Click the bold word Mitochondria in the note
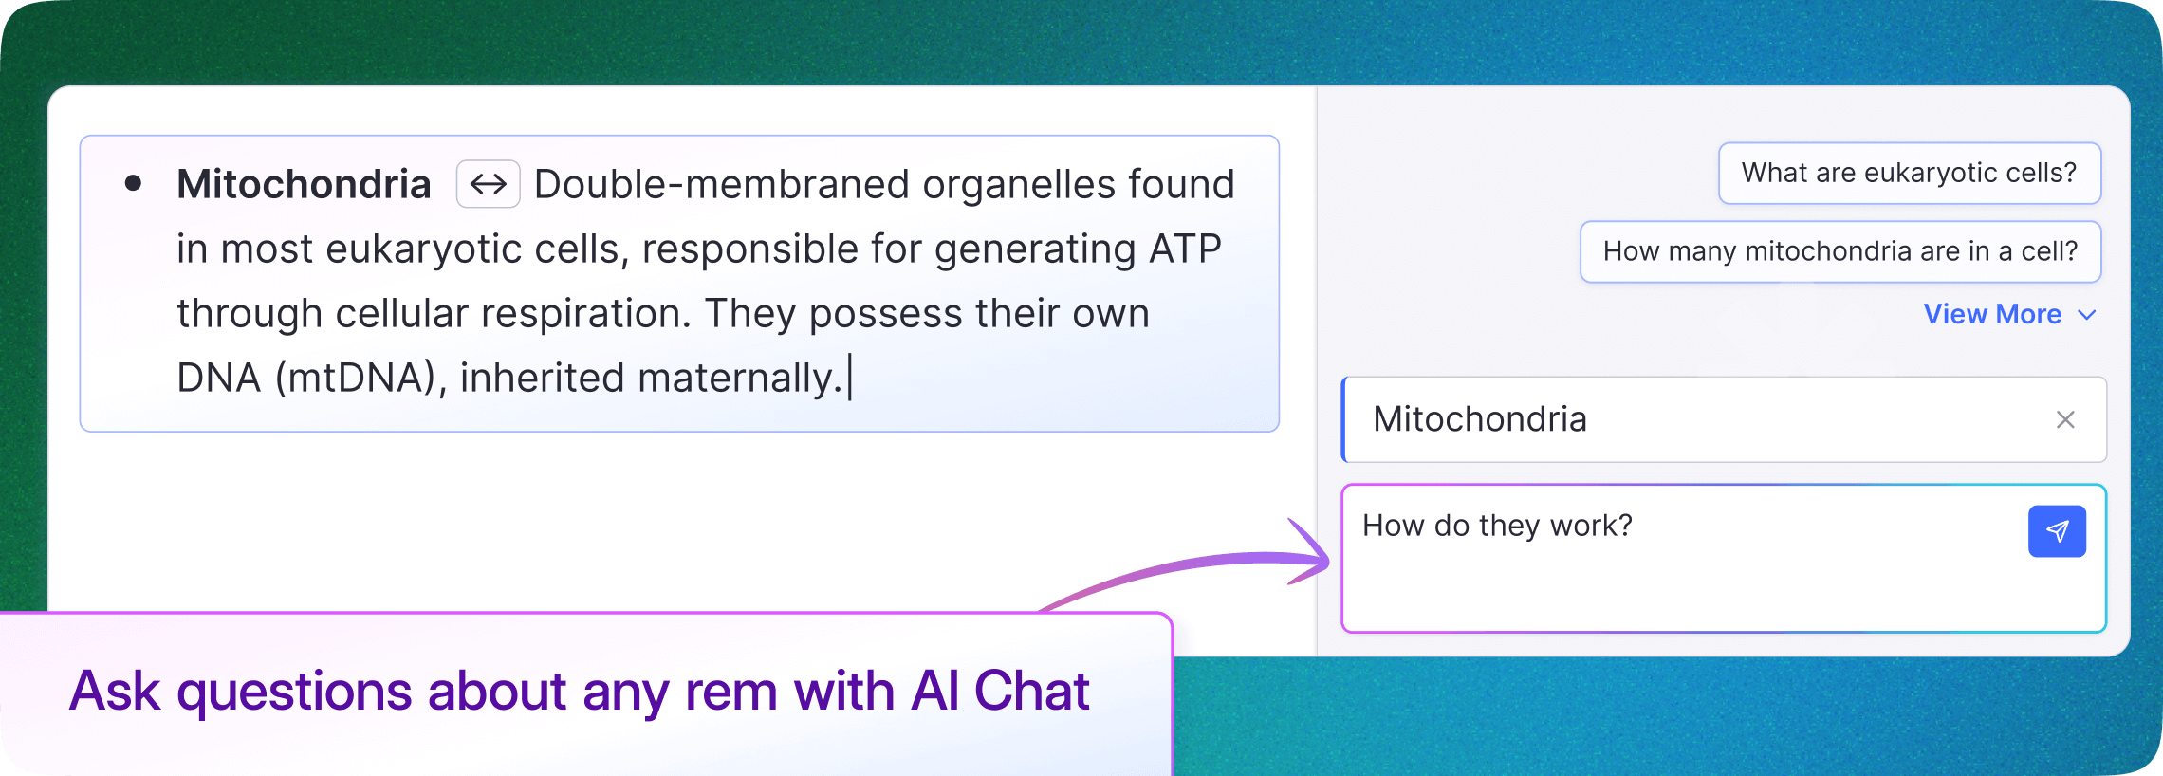(304, 184)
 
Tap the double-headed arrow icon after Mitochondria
(489, 184)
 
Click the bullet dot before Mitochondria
(134, 183)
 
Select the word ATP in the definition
(1185, 249)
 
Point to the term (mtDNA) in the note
(355, 379)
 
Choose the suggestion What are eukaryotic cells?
(1909, 173)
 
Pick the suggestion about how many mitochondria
(1839, 251)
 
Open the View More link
(1992, 314)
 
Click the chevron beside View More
(2087, 315)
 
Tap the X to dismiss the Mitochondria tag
(2065, 419)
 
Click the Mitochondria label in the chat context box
(1480, 419)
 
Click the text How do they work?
(1497, 526)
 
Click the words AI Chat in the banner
(1000, 691)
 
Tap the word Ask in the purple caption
(115, 691)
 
